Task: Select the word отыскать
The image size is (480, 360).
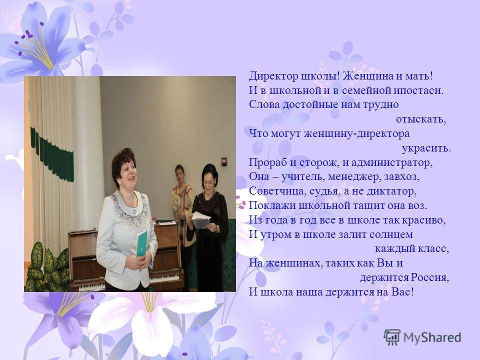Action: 420,119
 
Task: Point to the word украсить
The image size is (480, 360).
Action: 426,148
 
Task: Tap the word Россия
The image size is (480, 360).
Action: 430,277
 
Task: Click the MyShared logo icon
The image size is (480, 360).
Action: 392,337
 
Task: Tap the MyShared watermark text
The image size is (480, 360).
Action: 432,337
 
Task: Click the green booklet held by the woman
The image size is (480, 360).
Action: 141,243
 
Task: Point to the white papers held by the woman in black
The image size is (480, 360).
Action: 200,220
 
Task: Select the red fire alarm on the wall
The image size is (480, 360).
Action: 224,161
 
